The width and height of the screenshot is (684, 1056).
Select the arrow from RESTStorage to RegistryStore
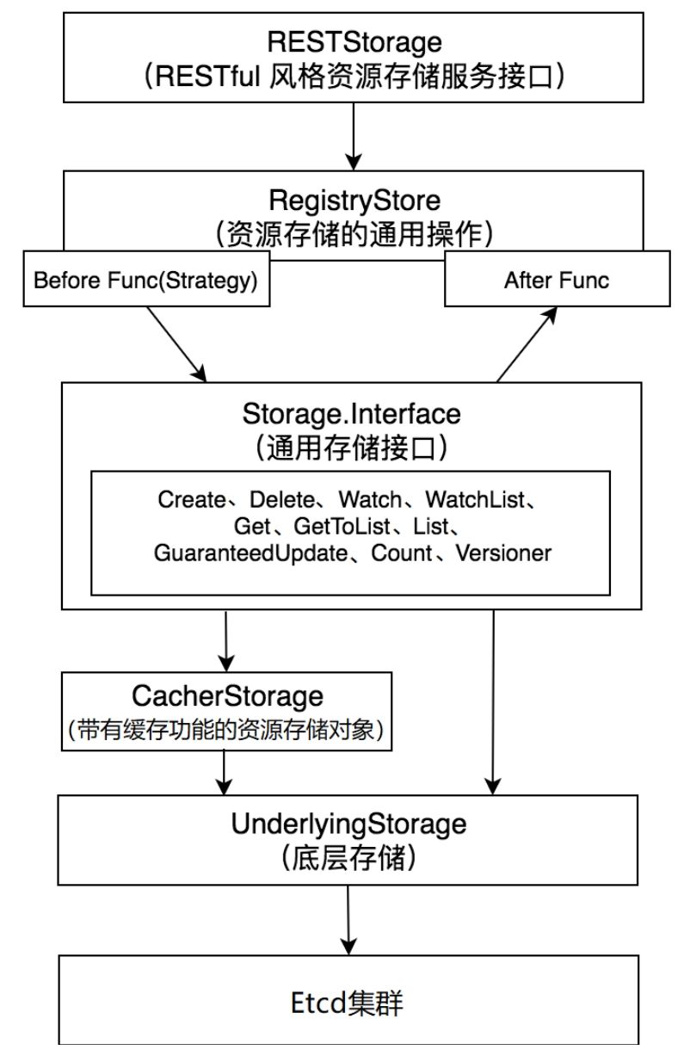tap(353, 133)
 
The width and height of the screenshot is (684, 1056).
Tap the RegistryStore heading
tap(354, 201)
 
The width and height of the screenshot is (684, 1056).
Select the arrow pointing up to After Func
tap(526, 344)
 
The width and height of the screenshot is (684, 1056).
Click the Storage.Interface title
tap(352, 414)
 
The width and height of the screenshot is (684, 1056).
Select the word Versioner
tap(504, 553)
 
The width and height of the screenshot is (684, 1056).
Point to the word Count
tap(400, 553)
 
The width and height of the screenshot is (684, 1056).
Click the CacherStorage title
tap(227, 695)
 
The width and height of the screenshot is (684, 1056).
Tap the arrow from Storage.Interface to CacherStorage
tap(225, 641)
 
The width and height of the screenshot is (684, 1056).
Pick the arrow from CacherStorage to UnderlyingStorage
tap(225, 771)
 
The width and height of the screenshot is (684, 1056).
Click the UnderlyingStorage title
tap(348, 824)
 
